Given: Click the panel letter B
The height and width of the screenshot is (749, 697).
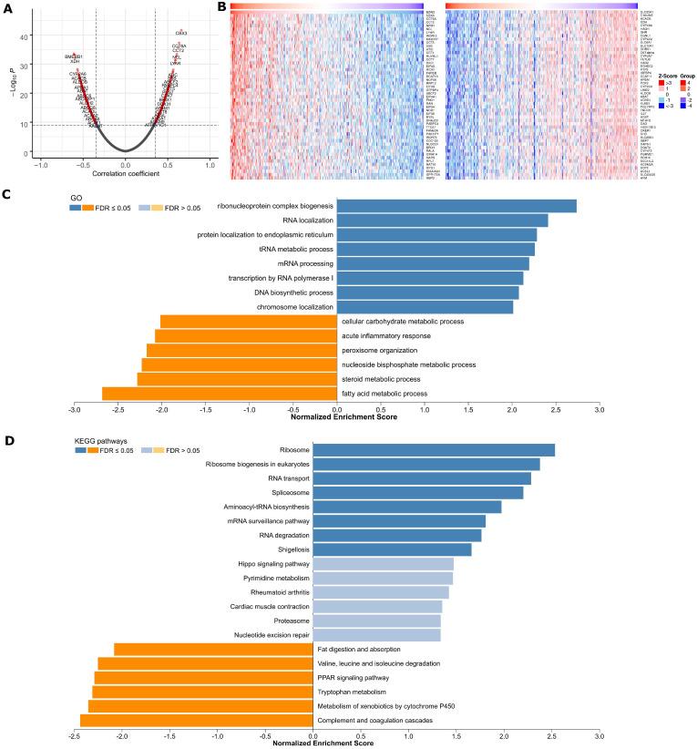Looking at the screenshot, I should pos(223,7).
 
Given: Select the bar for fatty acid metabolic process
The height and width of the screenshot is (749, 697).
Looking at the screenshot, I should pos(219,394).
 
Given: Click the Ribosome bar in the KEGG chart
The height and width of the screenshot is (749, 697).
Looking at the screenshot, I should pos(434,450).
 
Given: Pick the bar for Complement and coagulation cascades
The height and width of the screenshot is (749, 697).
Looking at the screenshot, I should pos(196,721).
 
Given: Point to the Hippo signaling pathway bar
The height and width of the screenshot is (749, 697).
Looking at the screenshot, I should pos(383,565).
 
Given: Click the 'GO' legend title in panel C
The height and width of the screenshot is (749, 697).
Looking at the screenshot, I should pos(77,196).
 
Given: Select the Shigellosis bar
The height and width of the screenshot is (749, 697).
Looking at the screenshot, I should pos(392,549).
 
